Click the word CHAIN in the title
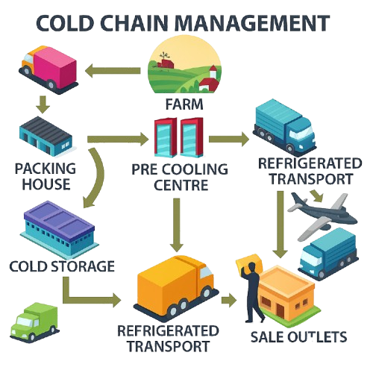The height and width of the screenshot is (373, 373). (x=134, y=23)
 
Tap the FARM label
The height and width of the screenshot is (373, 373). (x=184, y=104)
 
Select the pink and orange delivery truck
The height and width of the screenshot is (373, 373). (x=48, y=69)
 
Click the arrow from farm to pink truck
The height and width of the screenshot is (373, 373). (x=113, y=71)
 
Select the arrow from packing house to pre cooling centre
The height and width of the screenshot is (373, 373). (x=118, y=139)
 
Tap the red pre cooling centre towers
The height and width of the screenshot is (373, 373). (x=179, y=137)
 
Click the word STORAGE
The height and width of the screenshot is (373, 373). (x=83, y=266)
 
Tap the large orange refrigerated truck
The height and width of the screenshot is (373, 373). (x=176, y=289)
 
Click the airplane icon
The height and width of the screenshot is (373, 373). (x=322, y=216)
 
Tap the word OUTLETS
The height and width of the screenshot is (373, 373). (x=317, y=337)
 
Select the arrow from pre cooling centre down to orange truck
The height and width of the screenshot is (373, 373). (x=177, y=225)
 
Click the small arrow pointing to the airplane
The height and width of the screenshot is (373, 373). (x=317, y=195)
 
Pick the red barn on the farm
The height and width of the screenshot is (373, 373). (x=166, y=63)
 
